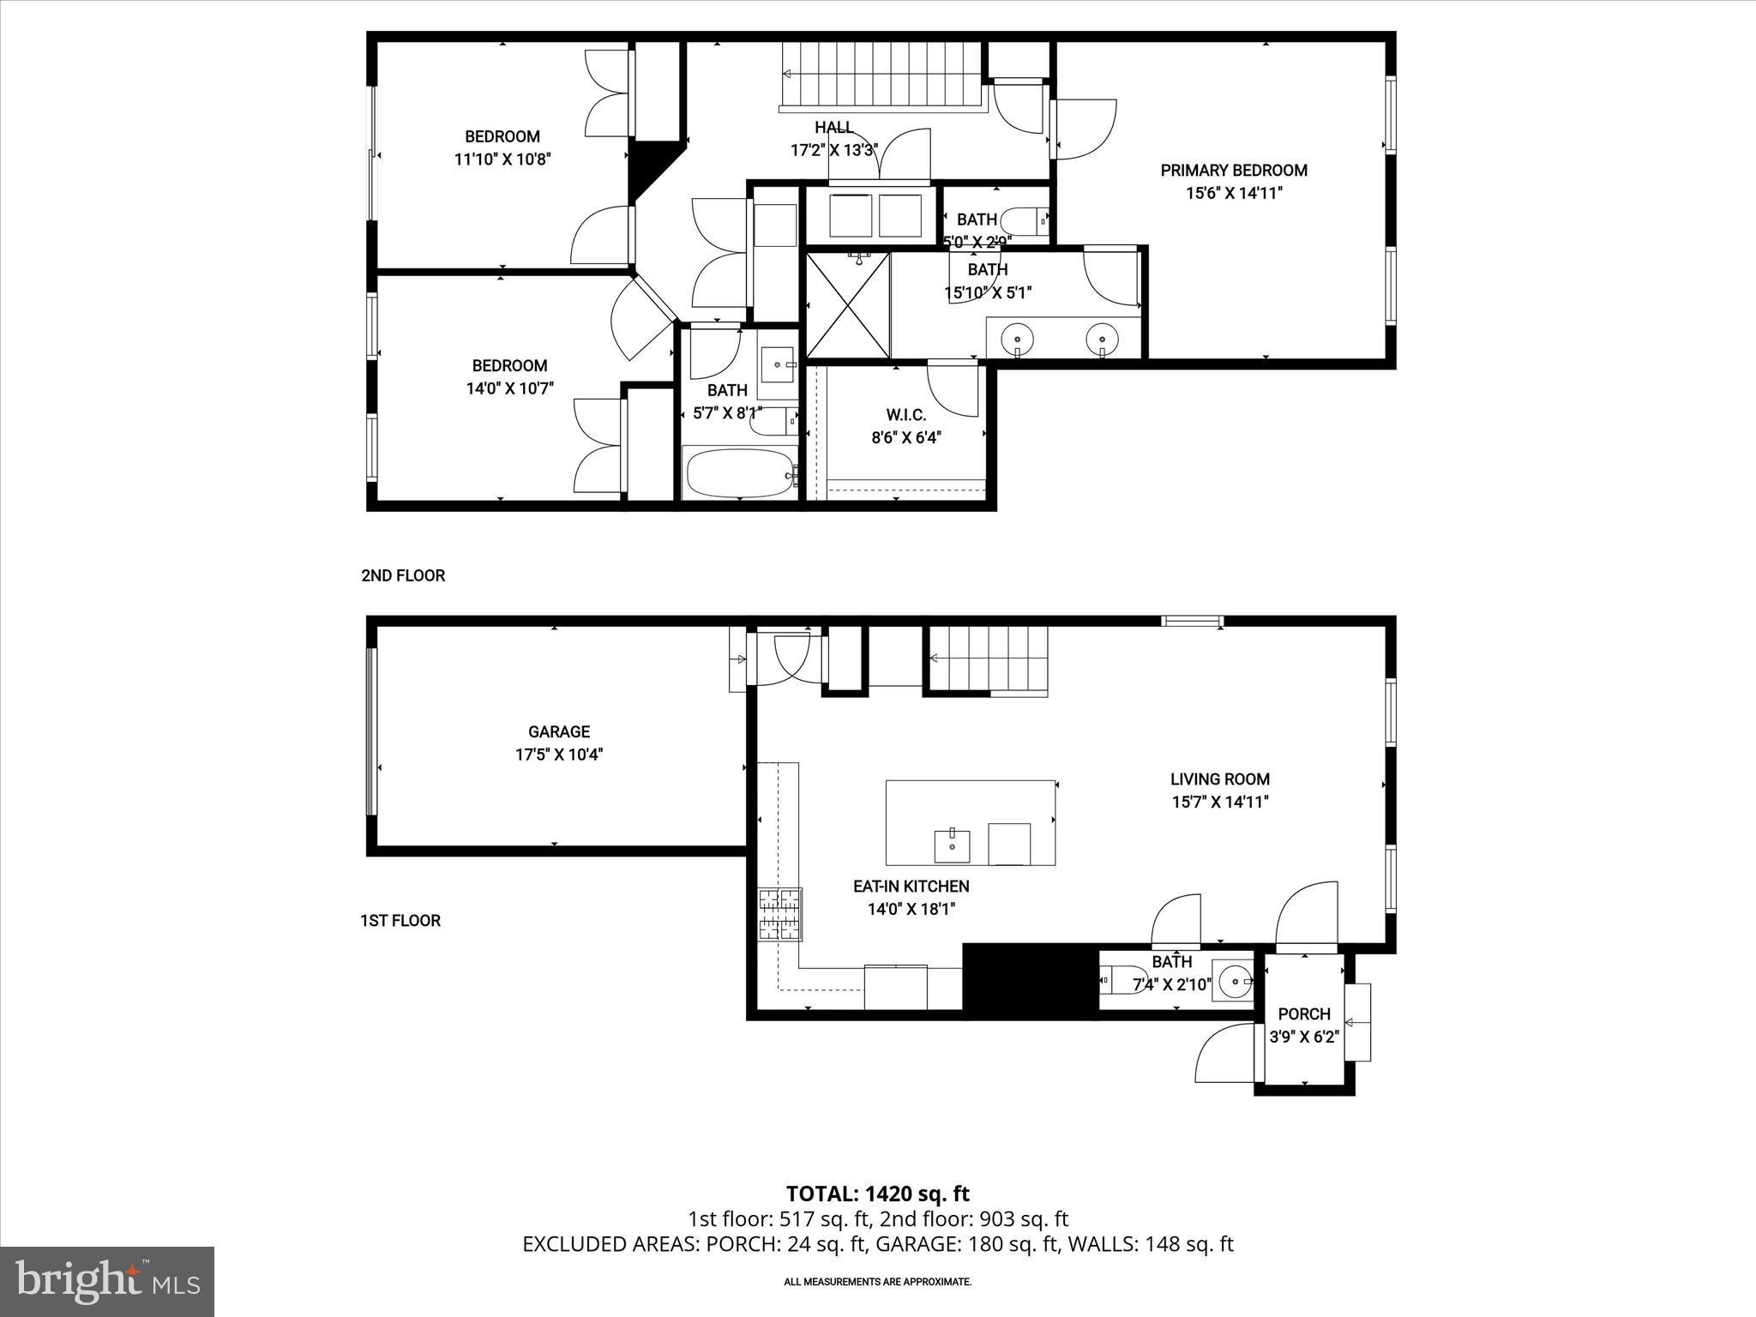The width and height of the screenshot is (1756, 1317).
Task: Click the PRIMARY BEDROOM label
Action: click(1233, 171)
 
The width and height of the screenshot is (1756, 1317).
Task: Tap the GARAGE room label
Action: click(558, 731)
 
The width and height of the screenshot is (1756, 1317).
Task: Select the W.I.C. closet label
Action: click(905, 415)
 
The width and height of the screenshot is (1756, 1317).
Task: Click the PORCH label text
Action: click(1304, 1013)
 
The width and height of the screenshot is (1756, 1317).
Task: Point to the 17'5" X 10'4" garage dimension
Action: click(558, 755)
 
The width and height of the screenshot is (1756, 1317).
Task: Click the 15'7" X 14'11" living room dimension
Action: click(1220, 802)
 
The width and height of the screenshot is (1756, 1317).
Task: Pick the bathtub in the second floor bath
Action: click(739, 473)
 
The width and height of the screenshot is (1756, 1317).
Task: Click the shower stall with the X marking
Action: click(848, 304)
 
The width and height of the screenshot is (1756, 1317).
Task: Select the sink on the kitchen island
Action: click(952, 844)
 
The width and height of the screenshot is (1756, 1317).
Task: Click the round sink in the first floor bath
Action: click(1236, 977)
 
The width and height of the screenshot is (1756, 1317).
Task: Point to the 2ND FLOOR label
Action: click(403, 575)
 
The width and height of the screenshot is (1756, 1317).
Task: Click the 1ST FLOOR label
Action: click(400, 920)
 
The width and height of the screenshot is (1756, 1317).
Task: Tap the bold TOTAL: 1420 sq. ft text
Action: click(877, 1194)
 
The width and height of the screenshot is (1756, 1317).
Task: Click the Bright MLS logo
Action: click(107, 1281)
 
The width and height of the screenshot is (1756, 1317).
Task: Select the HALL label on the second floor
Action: click(833, 128)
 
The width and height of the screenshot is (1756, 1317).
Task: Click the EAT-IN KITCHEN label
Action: click(911, 886)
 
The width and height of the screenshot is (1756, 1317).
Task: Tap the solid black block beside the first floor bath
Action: click(1031, 981)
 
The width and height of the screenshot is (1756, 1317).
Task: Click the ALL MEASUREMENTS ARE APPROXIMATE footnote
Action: click(877, 1282)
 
